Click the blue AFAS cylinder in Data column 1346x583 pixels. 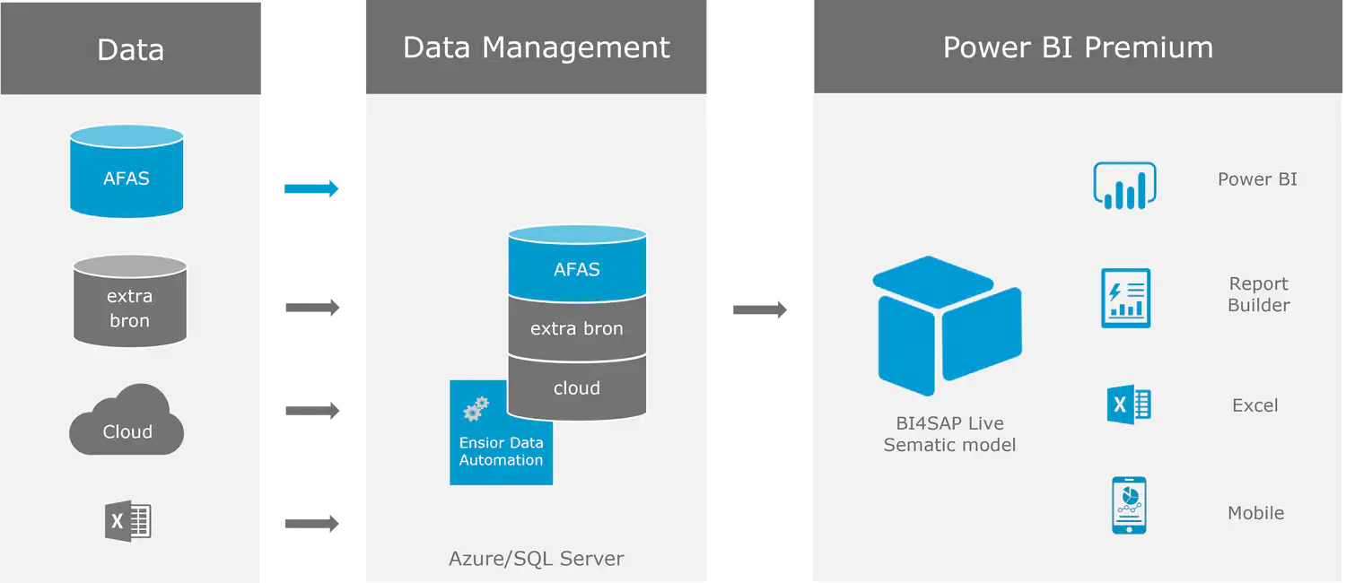point(127,172)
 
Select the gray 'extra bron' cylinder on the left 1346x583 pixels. point(129,301)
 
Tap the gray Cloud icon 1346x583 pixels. point(127,422)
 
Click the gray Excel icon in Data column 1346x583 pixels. point(127,520)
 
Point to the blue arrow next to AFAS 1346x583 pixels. point(311,189)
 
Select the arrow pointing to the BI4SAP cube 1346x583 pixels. point(757,311)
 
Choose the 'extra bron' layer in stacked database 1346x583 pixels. point(577,328)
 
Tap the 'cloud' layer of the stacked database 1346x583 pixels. point(577,388)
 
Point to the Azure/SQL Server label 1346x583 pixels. point(536,559)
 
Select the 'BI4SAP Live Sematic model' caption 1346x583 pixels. point(949,434)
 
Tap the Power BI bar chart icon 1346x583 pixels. point(1124,186)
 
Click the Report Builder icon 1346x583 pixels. point(1125,298)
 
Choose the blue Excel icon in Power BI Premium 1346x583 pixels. point(1128,405)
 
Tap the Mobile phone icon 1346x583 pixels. point(1128,506)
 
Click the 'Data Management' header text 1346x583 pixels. point(536,48)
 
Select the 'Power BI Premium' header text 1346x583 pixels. point(1078,48)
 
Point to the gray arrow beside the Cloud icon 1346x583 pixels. point(311,410)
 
